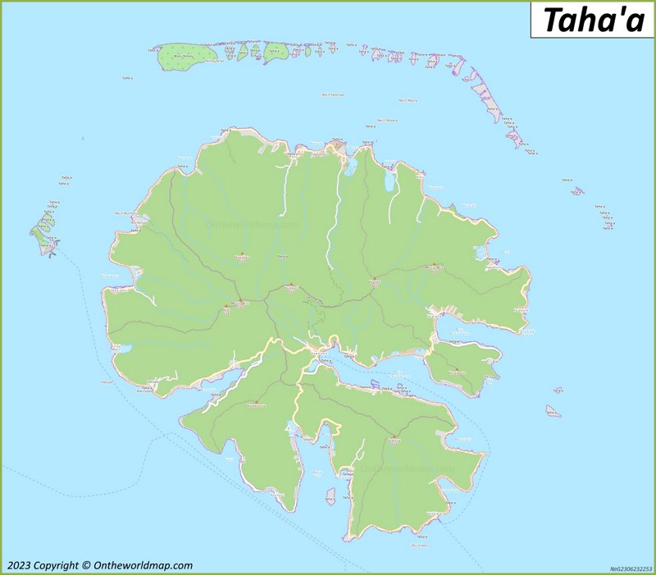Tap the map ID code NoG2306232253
(x=631, y=568)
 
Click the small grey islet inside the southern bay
(x=330, y=496)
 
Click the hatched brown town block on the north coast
(x=336, y=148)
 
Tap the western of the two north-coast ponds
(x=352, y=168)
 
